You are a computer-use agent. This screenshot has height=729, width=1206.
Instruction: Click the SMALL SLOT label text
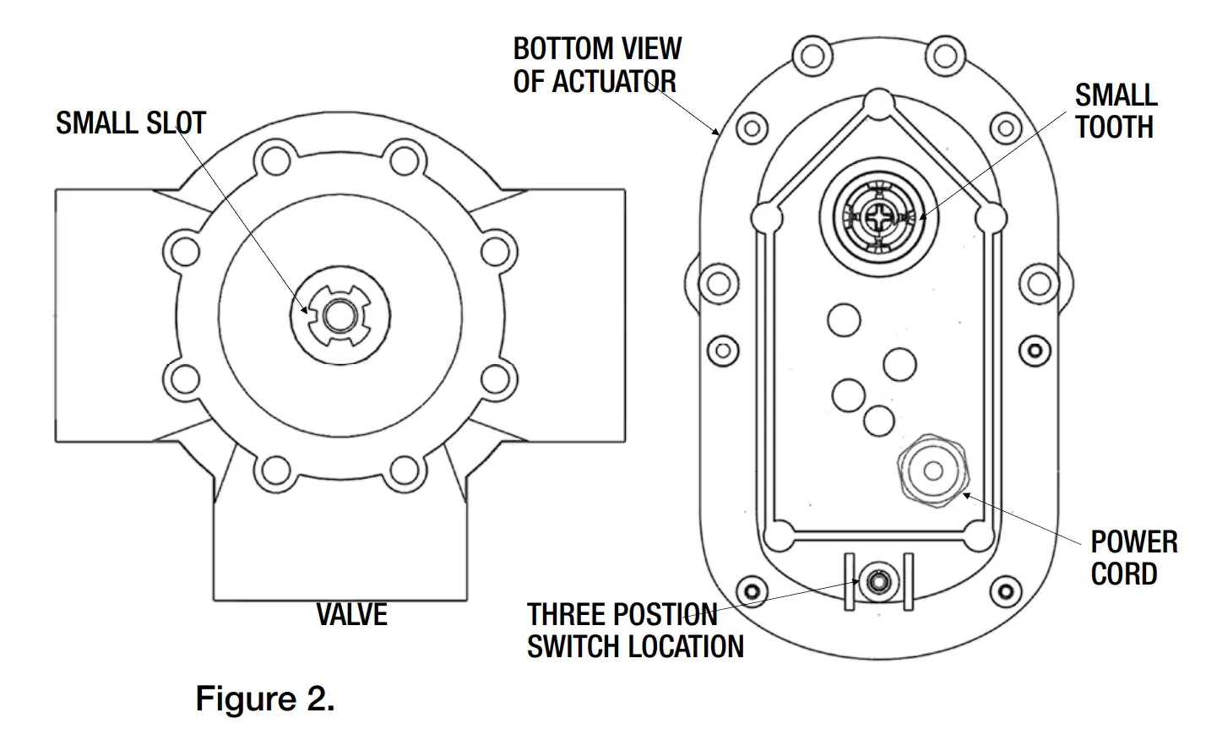point(131,123)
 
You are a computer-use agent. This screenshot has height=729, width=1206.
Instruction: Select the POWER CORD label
point(1133,558)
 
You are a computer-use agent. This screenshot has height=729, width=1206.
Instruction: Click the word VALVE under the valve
point(351,614)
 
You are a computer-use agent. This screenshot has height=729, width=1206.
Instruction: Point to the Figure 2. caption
point(265,699)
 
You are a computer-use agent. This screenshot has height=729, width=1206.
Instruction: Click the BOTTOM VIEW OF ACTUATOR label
point(596,64)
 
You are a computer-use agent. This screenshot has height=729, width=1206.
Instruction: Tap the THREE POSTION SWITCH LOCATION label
point(635,630)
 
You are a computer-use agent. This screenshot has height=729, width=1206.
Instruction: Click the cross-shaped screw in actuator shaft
point(879,217)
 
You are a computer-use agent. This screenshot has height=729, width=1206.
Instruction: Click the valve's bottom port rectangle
point(340,549)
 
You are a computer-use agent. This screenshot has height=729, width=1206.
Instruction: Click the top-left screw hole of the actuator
point(810,54)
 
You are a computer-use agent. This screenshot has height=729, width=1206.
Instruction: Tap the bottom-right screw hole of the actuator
point(1006,588)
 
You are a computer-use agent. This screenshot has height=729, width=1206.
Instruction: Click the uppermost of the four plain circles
point(843,320)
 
